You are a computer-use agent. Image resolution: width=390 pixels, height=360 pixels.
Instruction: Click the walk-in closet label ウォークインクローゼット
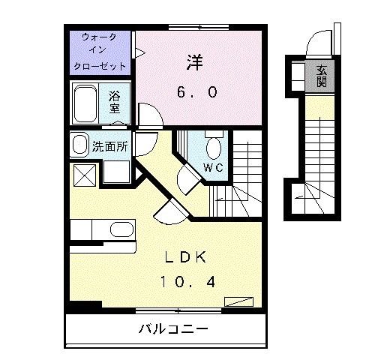pyautogui.click(x=99, y=51)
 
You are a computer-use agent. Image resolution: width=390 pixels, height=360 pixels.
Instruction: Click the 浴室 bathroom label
pyautogui.click(x=115, y=102)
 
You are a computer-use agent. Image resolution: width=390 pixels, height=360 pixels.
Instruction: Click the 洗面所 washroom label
pyautogui.click(x=109, y=146)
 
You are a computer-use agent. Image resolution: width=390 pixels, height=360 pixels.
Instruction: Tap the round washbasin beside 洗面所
pyautogui.click(x=79, y=145)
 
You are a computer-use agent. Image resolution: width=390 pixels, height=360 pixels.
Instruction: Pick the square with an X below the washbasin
pyautogui.click(x=82, y=175)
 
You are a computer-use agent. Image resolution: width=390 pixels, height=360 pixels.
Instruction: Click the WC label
pyautogui.click(x=212, y=167)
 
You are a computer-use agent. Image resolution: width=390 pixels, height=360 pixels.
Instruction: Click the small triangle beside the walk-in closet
pyautogui.click(x=139, y=52)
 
